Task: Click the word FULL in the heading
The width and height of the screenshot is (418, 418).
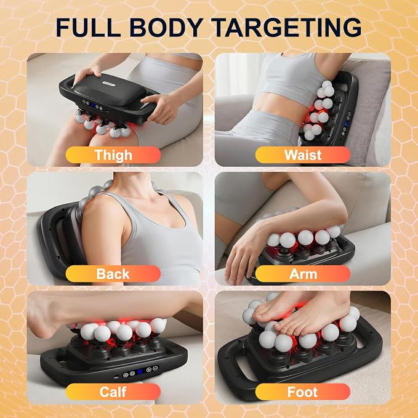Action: [x=88, y=27]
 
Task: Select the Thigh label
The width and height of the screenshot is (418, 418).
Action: [x=113, y=155]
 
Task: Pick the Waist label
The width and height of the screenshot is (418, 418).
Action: [x=303, y=155]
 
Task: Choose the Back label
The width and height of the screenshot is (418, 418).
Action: [x=113, y=274]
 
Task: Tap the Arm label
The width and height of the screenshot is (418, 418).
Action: [x=303, y=274]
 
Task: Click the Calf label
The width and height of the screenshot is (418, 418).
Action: [x=113, y=392]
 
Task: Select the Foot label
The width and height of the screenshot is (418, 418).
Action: [x=302, y=392]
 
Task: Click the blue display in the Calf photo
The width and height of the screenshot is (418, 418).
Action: [x=140, y=371]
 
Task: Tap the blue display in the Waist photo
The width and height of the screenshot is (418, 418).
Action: [x=347, y=123]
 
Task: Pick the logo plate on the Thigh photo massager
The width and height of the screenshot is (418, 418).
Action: [x=109, y=84]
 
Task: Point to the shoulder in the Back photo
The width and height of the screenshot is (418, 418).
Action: [x=98, y=208]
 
